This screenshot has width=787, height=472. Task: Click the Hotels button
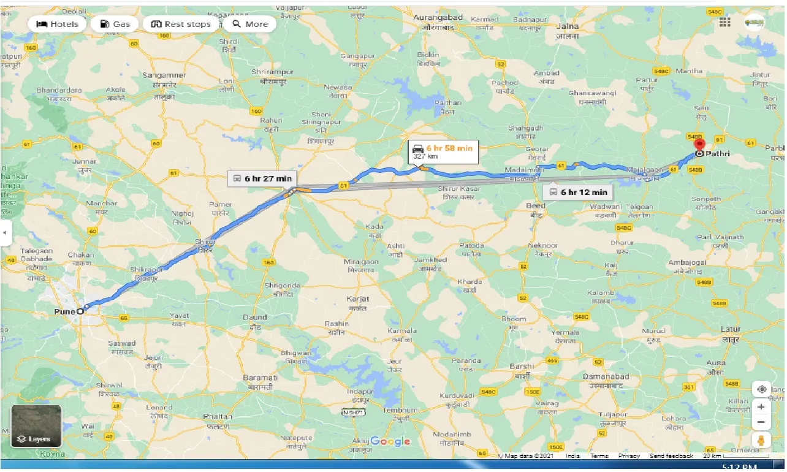58,24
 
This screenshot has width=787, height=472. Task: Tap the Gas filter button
115,24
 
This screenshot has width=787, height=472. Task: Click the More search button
249,24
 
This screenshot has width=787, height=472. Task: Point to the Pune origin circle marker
80,311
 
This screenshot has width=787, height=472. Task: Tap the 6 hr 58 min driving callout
443,151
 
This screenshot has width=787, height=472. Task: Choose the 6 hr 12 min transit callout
577,191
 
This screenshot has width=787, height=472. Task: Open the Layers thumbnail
36,425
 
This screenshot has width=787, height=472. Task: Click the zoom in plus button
761,406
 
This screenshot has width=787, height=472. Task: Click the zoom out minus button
761,422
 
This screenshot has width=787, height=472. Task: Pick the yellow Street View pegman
761,440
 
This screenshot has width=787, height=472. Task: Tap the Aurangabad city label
438,18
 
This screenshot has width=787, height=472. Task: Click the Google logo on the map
390,441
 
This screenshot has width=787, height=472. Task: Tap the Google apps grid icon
725,22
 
